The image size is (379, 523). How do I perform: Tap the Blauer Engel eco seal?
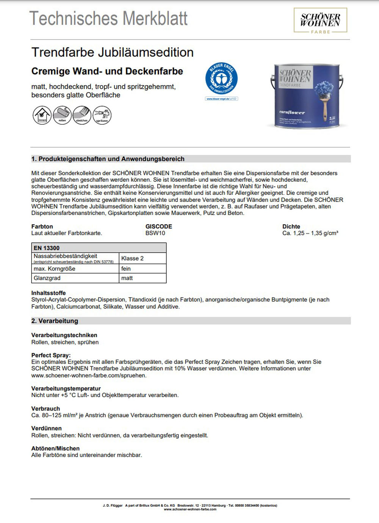click(221, 79)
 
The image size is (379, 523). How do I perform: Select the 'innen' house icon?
click(42, 115)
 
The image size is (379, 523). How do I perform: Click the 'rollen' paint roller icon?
click(62, 115)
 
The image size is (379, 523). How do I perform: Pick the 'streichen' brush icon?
click(82, 115)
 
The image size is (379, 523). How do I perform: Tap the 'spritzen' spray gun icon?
click(102, 115)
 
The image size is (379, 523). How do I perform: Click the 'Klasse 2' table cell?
click(132, 258)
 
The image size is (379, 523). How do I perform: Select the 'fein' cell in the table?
click(126, 269)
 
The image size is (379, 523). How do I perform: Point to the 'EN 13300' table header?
click(47, 248)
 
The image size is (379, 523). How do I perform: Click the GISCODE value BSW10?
click(155, 233)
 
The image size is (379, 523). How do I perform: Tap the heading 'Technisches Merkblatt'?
click(108, 18)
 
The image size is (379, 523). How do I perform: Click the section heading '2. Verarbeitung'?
click(55, 321)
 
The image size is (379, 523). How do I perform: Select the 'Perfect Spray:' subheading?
click(51, 355)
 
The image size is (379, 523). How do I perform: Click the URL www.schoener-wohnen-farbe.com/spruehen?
click(89, 375)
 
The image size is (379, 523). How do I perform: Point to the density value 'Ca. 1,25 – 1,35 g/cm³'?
click(310, 233)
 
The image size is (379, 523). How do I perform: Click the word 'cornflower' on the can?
click(292, 112)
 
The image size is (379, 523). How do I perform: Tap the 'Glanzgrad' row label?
click(47, 278)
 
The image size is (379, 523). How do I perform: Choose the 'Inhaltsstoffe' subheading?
click(49, 293)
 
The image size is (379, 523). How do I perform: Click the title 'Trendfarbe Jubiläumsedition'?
click(113, 52)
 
